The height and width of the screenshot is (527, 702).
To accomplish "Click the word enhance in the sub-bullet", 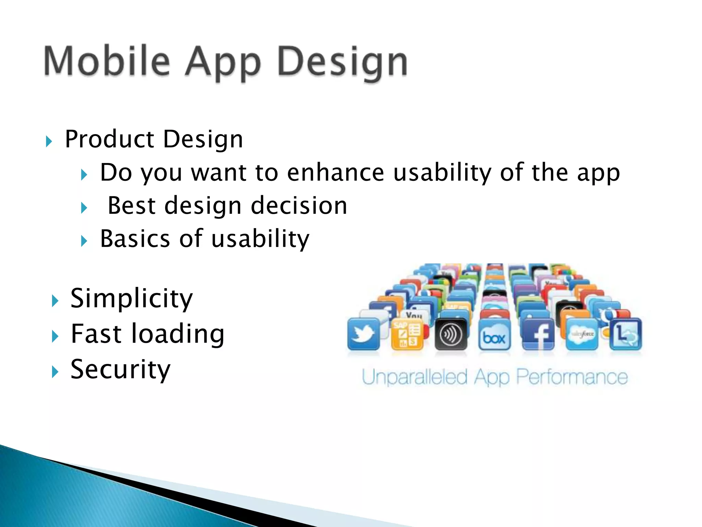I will point(335,172).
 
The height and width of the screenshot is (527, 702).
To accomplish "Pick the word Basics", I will point(135,239).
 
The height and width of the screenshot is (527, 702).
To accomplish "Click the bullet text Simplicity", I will point(132,298).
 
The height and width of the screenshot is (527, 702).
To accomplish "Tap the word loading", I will point(178,333).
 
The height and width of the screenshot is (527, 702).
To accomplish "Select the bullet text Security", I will point(120,370).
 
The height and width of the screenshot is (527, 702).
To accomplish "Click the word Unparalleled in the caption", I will point(415,377).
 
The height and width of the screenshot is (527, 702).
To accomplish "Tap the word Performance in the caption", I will point(572,377).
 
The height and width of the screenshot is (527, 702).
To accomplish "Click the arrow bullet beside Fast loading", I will point(55,336).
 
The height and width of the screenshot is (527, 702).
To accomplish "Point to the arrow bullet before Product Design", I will point(49,141).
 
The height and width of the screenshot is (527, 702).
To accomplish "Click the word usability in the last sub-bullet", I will point(261,239).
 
